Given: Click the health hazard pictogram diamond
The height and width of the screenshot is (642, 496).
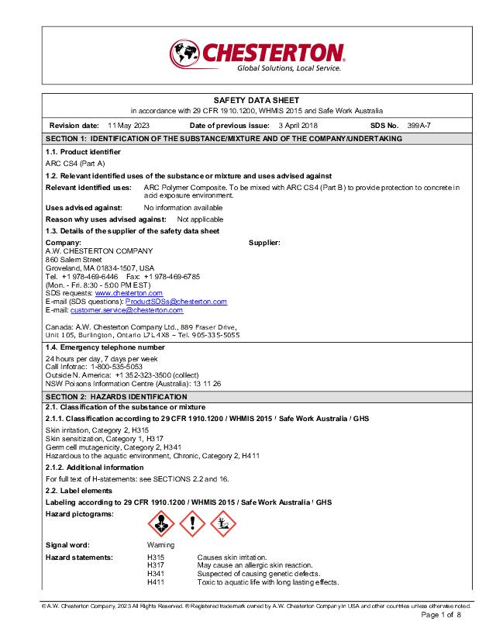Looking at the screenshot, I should pos(162,526).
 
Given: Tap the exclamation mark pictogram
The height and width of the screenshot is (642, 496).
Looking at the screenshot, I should pos(192,526).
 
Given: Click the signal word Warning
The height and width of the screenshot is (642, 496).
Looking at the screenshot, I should pos(160,545).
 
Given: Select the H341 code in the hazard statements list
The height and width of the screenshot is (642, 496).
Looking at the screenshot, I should pos(156,574).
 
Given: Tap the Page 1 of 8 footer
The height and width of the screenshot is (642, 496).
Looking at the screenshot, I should pos(441,615).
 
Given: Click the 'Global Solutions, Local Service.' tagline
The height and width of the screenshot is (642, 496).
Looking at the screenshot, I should pos(288,68).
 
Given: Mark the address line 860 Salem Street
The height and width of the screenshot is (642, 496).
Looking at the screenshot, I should pos(74,259).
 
